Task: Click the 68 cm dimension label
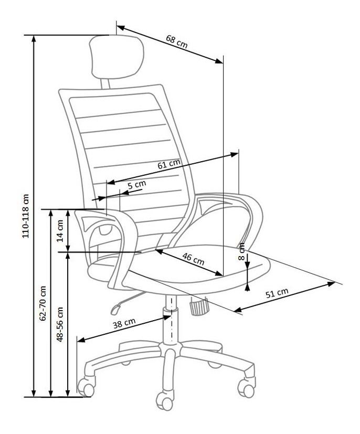(176, 41)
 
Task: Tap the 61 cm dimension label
(169, 164)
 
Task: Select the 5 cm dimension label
(137, 185)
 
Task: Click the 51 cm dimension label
(277, 293)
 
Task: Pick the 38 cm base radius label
(124, 323)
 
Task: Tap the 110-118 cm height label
(26, 216)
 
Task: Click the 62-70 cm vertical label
(43, 303)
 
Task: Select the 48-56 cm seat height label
(60, 324)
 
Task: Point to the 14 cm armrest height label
(60, 231)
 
